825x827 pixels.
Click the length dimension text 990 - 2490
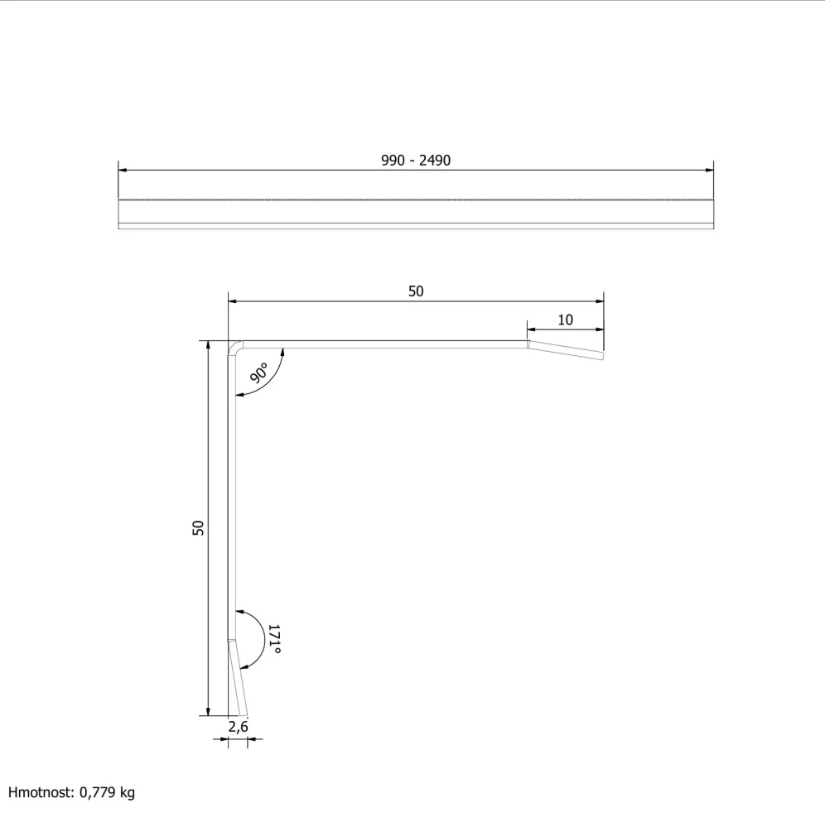(416, 161)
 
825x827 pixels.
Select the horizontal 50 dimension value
(416, 291)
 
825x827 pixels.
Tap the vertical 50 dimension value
(198, 528)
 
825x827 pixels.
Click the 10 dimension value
(565, 320)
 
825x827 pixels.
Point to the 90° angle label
(259, 373)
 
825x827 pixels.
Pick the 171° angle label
(274, 639)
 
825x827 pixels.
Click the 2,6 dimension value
(238, 727)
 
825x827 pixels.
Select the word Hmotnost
(40, 792)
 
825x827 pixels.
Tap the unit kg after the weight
(128, 793)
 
